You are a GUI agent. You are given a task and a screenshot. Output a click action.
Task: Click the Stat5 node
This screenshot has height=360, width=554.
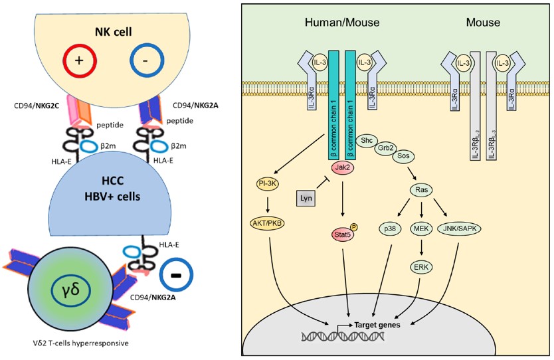tap(343, 233)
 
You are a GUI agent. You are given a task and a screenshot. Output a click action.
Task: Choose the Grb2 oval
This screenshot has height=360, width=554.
tap(385, 149)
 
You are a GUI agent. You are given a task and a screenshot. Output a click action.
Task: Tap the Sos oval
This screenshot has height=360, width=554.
tap(403, 158)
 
